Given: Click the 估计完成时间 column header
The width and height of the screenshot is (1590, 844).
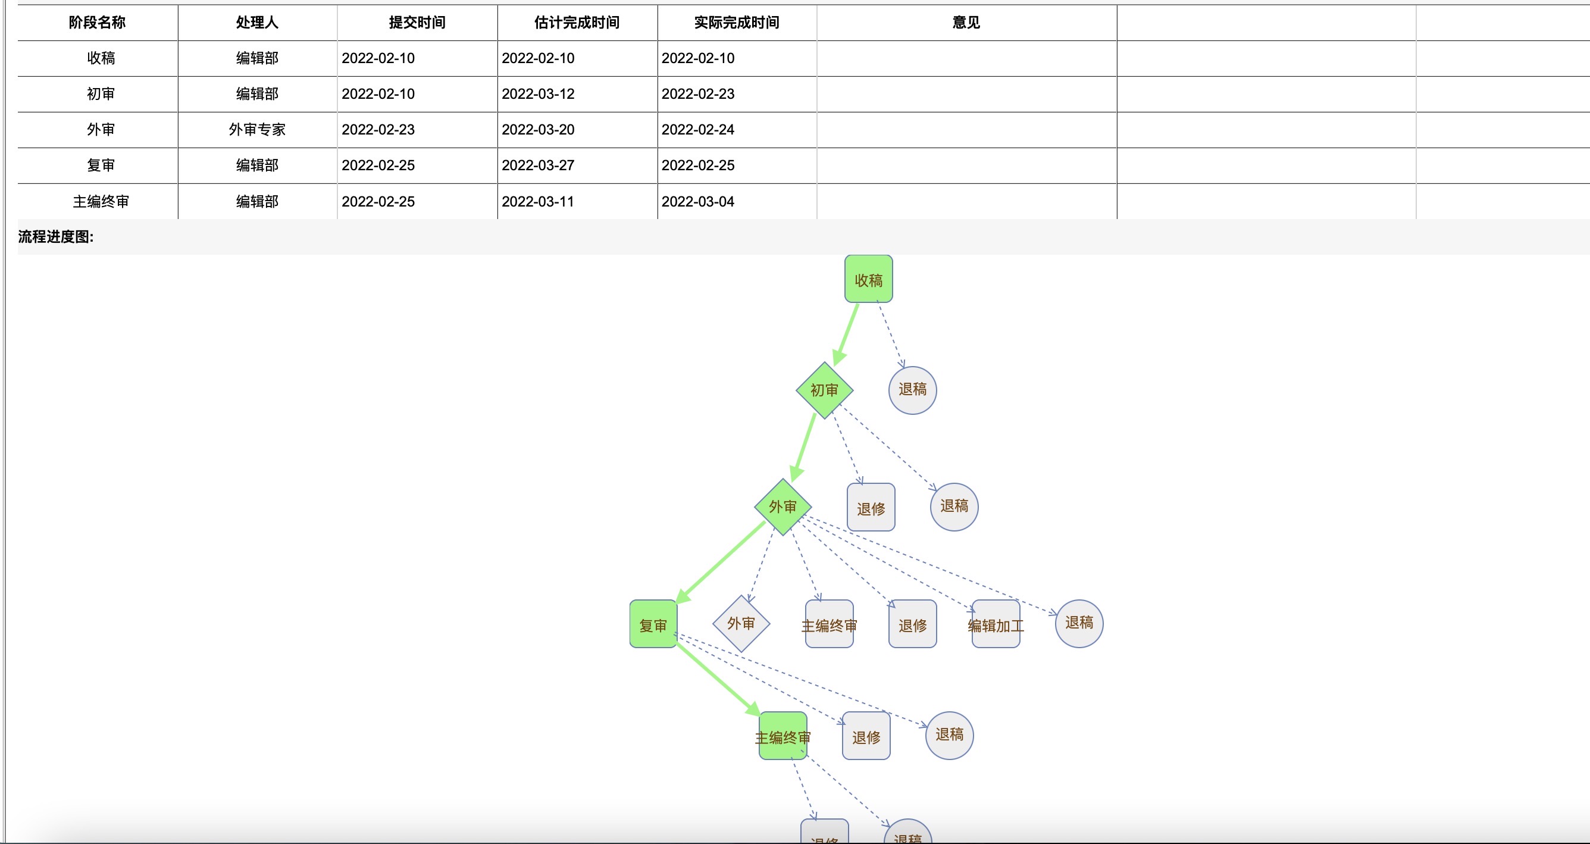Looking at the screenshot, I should point(577,23).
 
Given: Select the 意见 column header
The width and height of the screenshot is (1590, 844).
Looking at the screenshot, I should point(966,23).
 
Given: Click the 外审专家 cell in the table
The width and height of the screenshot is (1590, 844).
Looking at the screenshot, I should point(257,130).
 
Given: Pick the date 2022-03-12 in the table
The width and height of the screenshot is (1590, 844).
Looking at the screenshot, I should point(537,94).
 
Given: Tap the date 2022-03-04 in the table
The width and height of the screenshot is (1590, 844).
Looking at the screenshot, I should point(697,201).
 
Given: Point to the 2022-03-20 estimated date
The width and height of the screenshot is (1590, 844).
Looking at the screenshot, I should point(537,130).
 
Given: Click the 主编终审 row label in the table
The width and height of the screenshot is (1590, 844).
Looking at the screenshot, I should point(101,201).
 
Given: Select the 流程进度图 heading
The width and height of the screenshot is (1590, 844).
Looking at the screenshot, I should point(55,236).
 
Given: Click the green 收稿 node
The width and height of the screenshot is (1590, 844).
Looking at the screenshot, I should point(868,279).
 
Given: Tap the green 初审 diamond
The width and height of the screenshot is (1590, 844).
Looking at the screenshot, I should point(824,390).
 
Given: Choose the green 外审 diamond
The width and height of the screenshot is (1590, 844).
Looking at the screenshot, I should point(782,507).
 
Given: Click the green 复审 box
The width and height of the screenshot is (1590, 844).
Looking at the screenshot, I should point(653,624).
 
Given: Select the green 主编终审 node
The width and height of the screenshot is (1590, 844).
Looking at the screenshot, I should point(783,736).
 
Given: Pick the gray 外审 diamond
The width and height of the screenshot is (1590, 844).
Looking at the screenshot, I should point(741,624).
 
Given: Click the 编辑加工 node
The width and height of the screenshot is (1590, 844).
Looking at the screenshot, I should point(995,624).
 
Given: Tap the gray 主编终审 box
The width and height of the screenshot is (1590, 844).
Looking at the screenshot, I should point(829,624).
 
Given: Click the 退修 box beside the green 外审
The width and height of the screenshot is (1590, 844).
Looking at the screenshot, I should point(871,508).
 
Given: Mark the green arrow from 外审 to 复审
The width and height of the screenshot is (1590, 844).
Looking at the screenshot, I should point(722,562).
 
